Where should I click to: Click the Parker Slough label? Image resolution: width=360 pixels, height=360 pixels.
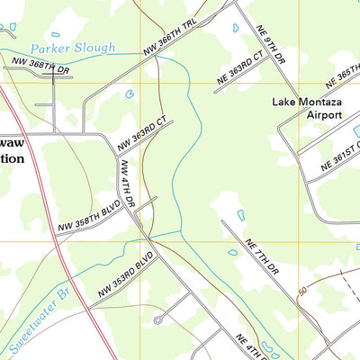[x=71, y=48]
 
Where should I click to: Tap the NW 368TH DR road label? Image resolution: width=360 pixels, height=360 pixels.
[x=41, y=64]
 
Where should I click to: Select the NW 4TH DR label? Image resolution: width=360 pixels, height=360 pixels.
[x=127, y=184]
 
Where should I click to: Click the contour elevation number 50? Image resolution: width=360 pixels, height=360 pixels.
[x=302, y=291]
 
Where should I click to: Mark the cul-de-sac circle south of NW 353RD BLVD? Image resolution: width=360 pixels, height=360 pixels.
[x=158, y=319]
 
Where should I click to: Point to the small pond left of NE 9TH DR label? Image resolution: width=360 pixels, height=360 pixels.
[x=237, y=28]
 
